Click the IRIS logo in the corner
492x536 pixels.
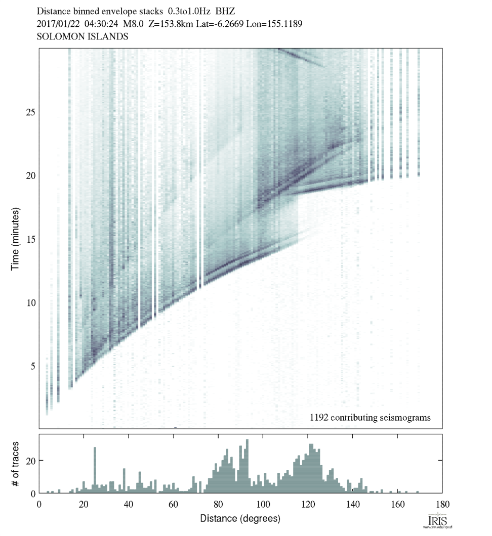436,522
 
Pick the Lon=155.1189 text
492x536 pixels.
274,23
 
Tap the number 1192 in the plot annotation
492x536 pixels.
319,418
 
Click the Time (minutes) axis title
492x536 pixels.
16,238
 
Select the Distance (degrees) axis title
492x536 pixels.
240,519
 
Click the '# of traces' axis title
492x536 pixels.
16,463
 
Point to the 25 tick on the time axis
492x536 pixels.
30,112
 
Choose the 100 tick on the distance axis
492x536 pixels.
263,504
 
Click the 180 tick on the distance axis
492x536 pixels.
442,504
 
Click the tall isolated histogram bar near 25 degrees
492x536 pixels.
95,469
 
